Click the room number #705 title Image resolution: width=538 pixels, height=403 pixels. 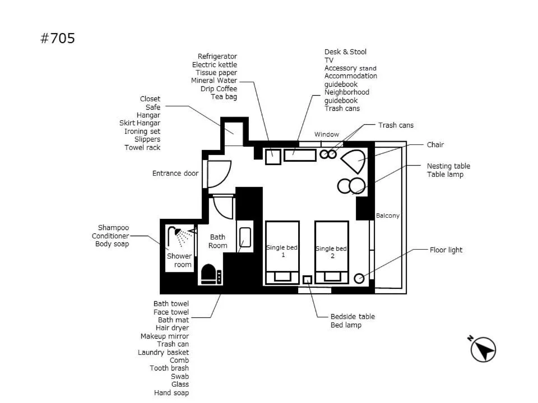click(x=57, y=39)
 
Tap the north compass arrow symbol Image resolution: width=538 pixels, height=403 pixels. click(x=483, y=349)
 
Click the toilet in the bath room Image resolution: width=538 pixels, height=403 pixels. click(x=210, y=274)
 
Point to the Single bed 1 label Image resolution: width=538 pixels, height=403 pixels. click(x=282, y=251)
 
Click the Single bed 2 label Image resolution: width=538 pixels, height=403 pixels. click(x=331, y=252)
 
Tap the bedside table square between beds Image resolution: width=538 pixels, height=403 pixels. click(x=307, y=279)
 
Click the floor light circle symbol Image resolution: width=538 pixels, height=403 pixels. click(x=359, y=279)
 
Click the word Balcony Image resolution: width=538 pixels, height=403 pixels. click(x=388, y=215)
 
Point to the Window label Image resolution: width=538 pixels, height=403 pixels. click(x=327, y=134)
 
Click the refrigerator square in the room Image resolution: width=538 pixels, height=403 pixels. click(x=273, y=157)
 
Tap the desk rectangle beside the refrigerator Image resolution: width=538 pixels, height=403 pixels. click(x=300, y=154)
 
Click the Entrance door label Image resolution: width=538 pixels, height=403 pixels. click(x=175, y=174)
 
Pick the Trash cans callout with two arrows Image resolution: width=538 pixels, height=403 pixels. click(x=396, y=125)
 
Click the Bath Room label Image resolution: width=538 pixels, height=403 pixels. click(x=218, y=241)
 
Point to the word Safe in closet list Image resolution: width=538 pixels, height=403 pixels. click(x=153, y=107)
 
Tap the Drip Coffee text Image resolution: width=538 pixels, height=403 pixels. click(x=219, y=89)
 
